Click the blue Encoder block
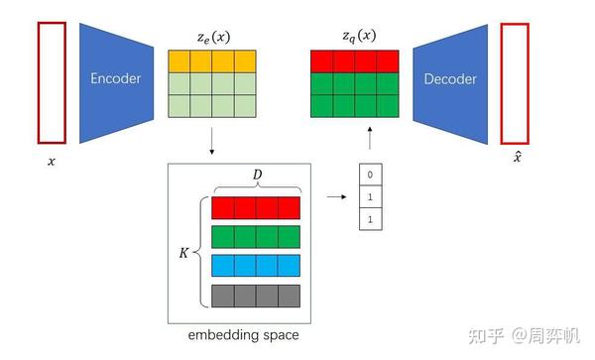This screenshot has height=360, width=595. (115, 79)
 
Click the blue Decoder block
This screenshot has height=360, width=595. (450, 79)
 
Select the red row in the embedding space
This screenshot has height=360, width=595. (255, 208)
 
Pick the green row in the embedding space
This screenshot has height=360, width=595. (255, 237)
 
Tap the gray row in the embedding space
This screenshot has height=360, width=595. (255, 295)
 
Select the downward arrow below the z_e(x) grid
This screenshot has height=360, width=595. (211, 144)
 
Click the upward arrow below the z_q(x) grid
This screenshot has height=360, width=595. (369, 136)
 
